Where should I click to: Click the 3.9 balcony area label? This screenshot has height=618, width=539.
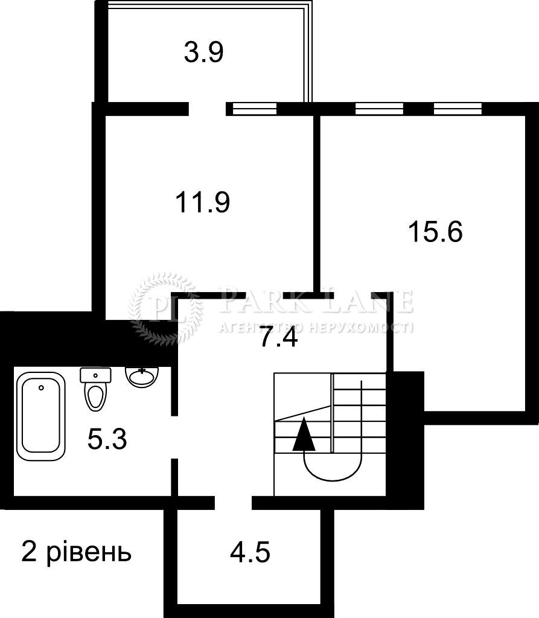click(x=203, y=53)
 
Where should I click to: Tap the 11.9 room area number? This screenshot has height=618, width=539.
click(x=203, y=202)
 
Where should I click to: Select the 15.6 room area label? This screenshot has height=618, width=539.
click(x=435, y=231)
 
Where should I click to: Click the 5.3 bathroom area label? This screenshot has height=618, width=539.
click(x=107, y=439)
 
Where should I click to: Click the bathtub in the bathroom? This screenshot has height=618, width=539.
click(x=40, y=416)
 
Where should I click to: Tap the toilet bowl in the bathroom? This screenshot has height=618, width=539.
click(x=96, y=395)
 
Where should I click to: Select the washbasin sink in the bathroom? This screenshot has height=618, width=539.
click(x=142, y=377)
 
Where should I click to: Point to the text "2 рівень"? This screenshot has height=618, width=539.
click(x=76, y=553)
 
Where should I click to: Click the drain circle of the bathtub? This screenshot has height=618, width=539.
click(x=42, y=388)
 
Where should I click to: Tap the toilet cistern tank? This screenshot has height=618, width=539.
click(x=95, y=375)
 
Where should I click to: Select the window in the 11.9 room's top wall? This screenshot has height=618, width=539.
click(x=254, y=109)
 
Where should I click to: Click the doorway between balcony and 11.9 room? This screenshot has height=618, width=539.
click(x=208, y=109)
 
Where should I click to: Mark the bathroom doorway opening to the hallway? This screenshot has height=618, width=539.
click(x=174, y=437)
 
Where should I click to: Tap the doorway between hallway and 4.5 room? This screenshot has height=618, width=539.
click(x=234, y=503)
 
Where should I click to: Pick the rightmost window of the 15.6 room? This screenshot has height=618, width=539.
click(x=458, y=109)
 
